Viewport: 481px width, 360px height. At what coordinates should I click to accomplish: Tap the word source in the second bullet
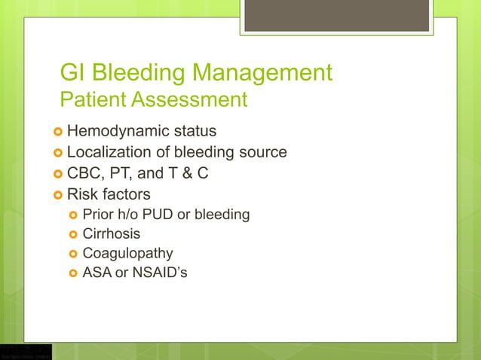point(261,152)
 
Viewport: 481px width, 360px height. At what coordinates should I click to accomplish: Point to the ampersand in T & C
point(182,173)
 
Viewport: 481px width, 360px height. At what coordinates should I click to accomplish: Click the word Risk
point(84,194)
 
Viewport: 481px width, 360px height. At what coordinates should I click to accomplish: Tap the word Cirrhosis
point(111,233)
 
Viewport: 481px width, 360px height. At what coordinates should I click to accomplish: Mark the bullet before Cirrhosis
point(73,234)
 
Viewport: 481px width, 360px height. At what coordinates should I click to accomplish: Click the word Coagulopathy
point(127,253)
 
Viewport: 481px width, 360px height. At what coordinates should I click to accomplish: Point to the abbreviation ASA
point(97,272)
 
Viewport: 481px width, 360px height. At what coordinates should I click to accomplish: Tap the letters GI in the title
point(71,73)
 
